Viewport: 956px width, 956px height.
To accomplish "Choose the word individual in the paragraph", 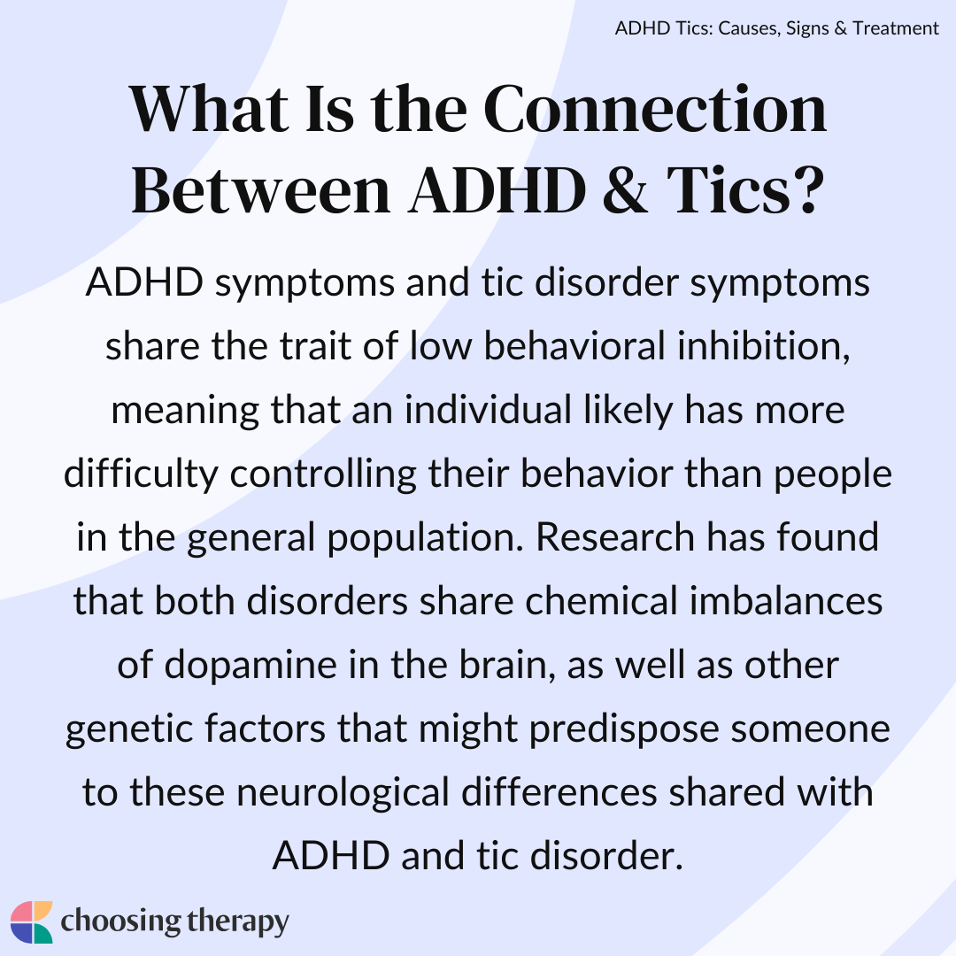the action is point(489,409).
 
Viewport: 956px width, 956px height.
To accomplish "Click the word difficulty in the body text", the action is point(141,474).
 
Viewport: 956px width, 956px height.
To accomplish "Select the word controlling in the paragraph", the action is point(323,474).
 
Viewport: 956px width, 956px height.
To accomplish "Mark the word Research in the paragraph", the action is point(615,537).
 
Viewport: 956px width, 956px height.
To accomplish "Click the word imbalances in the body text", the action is point(786,600).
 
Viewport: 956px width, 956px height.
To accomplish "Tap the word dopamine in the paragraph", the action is point(251,665).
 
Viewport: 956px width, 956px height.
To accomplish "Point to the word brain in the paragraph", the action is point(507,665).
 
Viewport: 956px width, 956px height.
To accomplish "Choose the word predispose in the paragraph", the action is point(624,729).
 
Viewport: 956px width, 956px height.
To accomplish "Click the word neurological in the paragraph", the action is point(343,792).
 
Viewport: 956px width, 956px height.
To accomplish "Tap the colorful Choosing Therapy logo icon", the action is point(32,921).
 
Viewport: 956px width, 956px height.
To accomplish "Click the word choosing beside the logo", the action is point(120,922).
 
